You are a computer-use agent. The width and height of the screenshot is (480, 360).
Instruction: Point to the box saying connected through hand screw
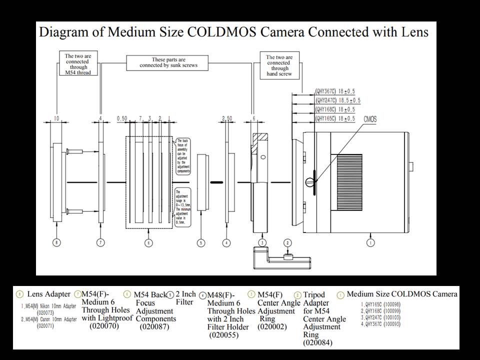[278, 65]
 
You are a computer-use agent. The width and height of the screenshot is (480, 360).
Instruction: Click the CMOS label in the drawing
[371, 119]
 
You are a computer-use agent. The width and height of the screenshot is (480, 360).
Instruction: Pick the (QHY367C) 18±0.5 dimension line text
[335, 91]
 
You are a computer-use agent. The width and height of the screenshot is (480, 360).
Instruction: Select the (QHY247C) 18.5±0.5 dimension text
[337, 100]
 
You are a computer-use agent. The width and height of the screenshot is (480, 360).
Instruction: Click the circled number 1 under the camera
[370, 243]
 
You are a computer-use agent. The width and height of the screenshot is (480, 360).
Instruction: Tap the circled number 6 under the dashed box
[148, 243]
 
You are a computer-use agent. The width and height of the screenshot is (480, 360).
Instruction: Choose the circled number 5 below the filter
[201, 243]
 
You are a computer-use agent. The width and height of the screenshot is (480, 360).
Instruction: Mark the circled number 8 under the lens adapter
[57, 243]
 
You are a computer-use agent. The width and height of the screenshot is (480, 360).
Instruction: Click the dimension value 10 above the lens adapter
[56, 118]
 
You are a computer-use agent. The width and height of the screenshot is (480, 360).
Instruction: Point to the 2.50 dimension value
[227, 118]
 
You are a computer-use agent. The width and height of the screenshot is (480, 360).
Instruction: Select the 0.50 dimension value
[121, 118]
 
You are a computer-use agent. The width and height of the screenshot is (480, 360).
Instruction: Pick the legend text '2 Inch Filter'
[185, 298]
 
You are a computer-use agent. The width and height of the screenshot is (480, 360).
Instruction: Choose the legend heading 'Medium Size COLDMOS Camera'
[401, 294]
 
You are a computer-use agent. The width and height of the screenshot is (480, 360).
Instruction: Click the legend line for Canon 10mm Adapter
[49, 319]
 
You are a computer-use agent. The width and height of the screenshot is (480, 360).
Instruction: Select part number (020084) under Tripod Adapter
[318, 343]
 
